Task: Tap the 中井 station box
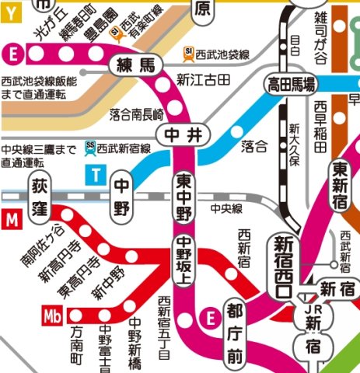[183, 135]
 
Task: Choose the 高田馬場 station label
[292, 84]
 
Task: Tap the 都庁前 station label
[236, 334]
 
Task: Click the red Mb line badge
[52, 315]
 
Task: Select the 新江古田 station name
[203, 78]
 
